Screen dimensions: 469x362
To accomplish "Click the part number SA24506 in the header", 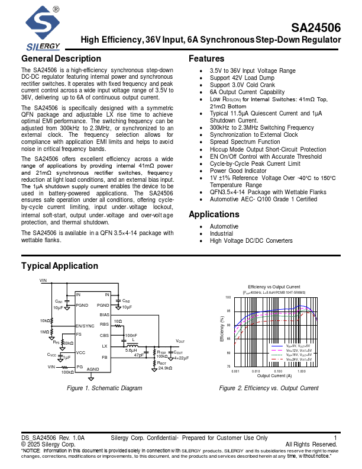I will click(316, 27).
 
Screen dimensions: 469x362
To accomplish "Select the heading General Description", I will click(61, 59).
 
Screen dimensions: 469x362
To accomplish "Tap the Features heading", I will click(206, 59).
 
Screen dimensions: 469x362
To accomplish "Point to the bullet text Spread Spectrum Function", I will click(245, 142).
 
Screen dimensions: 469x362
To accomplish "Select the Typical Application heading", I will click(60, 266).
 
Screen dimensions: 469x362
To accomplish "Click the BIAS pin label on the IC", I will click(105, 314).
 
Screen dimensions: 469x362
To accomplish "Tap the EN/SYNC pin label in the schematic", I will click(85, 326).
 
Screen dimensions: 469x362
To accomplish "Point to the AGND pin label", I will click(93, 369).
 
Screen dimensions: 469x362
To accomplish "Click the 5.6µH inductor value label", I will click(131, 350).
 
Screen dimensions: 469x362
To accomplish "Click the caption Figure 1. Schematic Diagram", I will click(105, 388).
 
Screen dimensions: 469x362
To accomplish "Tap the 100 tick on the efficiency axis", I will click(228, 297).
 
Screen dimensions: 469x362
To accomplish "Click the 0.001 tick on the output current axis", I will click(235, 371).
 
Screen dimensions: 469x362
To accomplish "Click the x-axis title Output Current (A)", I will click(274, 376).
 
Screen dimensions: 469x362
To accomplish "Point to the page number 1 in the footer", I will click(335, 438).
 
